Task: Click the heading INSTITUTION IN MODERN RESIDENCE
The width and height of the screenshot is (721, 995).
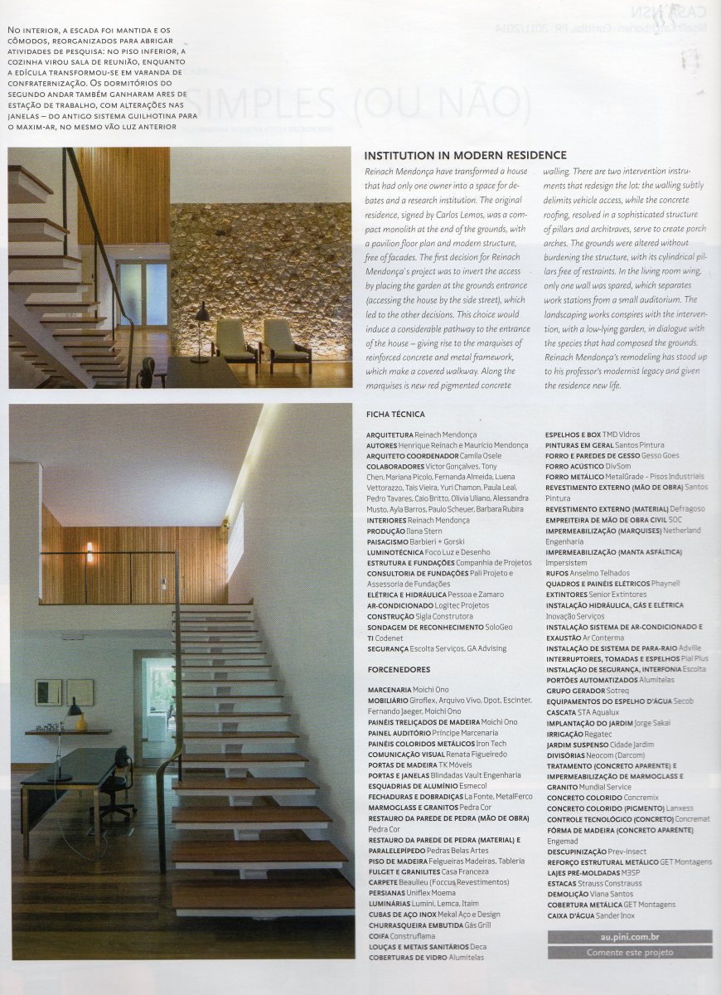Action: (465, 155)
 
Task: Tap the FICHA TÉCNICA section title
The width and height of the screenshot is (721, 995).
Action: (395, 414)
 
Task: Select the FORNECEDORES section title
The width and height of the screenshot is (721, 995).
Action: (399, 669)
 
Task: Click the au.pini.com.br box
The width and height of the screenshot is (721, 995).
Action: (629, 936)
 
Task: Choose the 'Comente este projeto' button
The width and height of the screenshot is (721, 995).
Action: (629, 952)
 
